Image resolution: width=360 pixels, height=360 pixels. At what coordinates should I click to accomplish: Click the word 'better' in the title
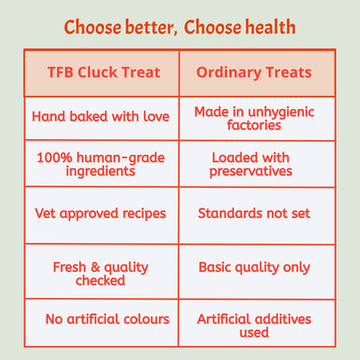150,27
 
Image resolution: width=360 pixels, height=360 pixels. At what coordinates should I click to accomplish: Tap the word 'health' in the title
270,27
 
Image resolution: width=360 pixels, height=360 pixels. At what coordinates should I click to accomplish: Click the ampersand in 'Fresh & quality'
95,267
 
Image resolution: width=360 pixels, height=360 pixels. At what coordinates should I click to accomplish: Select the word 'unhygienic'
281,112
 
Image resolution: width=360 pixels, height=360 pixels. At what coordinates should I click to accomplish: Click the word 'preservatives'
251,171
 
